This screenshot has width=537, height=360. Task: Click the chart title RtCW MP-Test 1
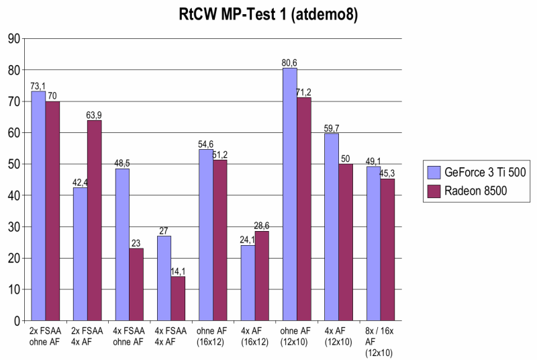click(x=268, y=15)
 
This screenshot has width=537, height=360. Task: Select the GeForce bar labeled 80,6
click(x=289, y=194)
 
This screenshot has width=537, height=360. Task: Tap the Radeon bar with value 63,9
click(x=94, y=220)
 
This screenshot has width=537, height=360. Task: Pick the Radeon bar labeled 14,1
click(x=178, y=298)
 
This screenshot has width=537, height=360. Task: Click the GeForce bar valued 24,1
click(x=248, y=283)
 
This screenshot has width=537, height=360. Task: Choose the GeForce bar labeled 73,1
click(x=38, y=206)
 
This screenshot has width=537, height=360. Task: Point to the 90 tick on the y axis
click(x=13, y=38)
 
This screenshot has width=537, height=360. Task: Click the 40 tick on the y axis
click(x=13, y=195)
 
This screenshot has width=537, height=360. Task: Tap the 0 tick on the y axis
click(x=15, y=321)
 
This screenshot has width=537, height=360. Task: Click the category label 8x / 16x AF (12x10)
click(x=381, y=342)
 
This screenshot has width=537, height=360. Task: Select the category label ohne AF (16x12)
click(x=213, y=336)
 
